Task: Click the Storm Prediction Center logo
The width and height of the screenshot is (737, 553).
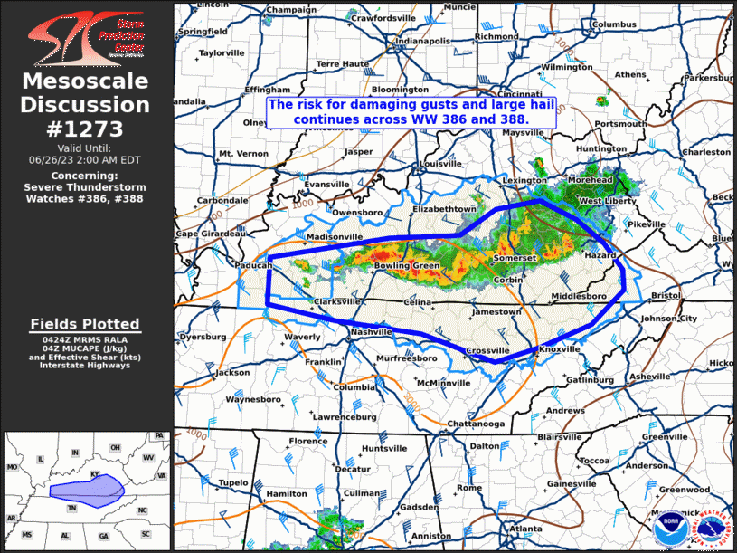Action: [87, 35]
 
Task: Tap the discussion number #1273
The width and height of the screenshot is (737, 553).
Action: [87, 127]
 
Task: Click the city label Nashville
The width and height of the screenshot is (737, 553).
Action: [371, 332]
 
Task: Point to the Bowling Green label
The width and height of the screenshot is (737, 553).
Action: [407, 266]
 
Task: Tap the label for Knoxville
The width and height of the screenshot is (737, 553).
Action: [559, 348]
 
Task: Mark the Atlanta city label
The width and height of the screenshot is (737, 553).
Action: [525, 528]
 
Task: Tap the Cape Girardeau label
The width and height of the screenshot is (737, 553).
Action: [211, 234]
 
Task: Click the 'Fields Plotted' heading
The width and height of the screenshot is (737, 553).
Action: [85, 323]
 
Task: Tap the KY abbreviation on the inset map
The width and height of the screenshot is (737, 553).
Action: [94, 472]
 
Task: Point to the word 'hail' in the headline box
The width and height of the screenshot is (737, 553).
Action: [514, 104]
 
